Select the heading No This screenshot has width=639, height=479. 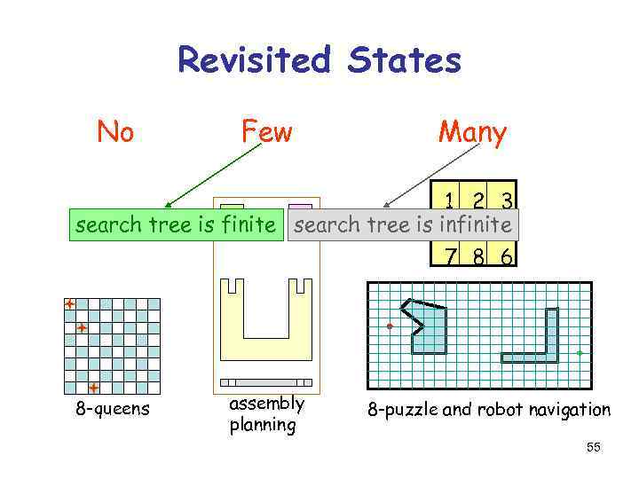tap(115, 132)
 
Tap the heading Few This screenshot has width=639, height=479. tap(266, 132)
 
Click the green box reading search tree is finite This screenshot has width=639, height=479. tap(176, 225)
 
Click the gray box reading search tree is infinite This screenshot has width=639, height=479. tap(403, 225)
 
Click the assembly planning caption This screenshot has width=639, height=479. tap(266, 413)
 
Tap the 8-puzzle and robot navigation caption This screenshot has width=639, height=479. tap(490, 410)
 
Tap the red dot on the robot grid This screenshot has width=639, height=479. tap(390, 327)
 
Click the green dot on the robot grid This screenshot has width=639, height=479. tap(580, 353)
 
